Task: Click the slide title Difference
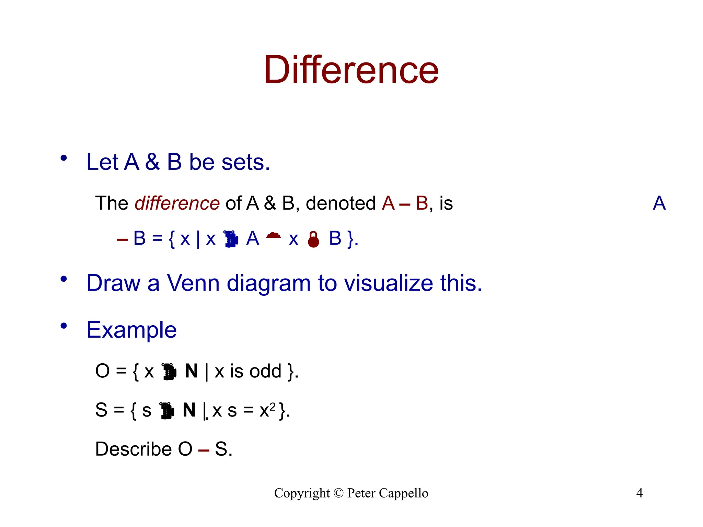coord(351,70)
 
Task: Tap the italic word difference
coord(177,203)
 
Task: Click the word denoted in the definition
coord(341,203)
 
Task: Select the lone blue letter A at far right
coord(659,203)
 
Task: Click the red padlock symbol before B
coord(313,239)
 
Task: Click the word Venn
coord(193,283)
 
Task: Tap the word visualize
coord(388,283)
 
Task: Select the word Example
coord(131,330)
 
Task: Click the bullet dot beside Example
coord(64,326)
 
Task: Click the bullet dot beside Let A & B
coord(64,158)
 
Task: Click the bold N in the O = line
coord(192,371)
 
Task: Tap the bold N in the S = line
coord(189,410)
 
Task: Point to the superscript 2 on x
coord(273,407)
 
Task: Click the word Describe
coord(133,449)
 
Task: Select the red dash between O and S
coord(204,450)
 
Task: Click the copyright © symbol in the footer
coord(338,493)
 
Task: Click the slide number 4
coord(639,493)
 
